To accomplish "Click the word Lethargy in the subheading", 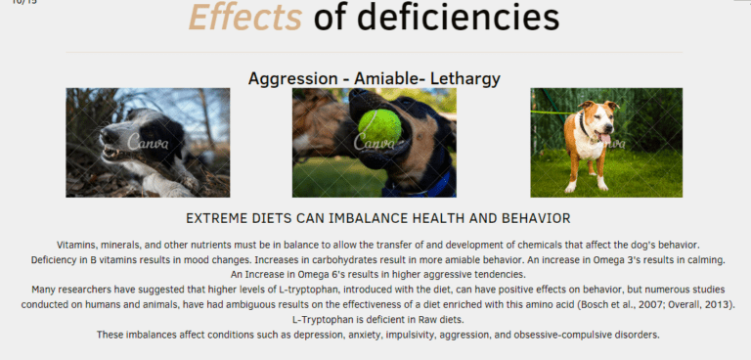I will (464, 77).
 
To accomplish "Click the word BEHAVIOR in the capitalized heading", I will (526, 217).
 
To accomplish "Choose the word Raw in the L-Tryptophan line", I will (427, 320).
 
